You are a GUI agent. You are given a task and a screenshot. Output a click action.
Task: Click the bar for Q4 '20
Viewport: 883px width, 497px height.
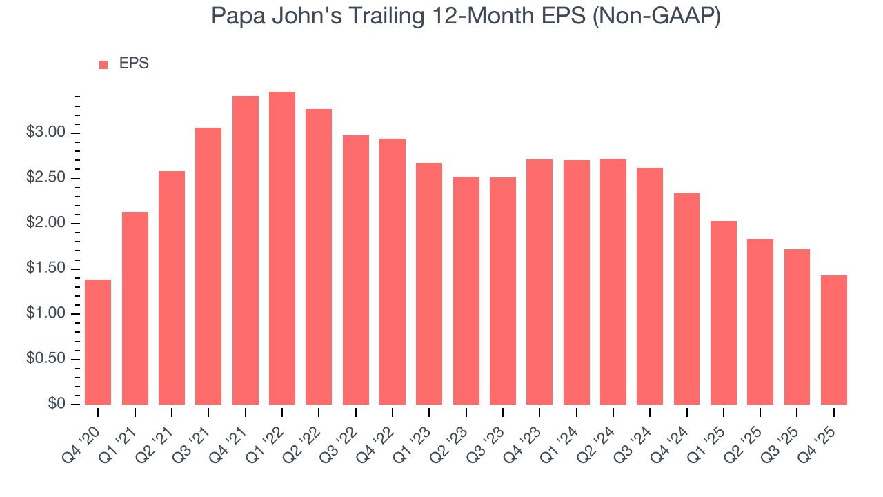[x=98, y=342]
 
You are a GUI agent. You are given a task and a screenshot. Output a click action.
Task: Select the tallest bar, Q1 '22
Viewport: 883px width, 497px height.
[x=282, y=248]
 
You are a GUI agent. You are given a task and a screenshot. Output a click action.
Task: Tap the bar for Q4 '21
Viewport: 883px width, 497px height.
[x=246, y=250]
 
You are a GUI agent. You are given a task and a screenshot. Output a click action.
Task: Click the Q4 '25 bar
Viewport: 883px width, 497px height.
[x=834, y=340]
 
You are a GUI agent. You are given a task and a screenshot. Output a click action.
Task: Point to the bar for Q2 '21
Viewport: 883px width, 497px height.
[x=172, y=288]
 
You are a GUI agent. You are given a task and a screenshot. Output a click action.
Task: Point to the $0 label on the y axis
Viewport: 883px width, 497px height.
[x=57, y=404]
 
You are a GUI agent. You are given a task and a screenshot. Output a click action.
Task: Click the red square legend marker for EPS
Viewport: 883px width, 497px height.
[x=103, y=64]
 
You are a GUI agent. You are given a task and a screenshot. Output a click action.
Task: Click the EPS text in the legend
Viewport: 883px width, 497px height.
[x=134, y=64]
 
